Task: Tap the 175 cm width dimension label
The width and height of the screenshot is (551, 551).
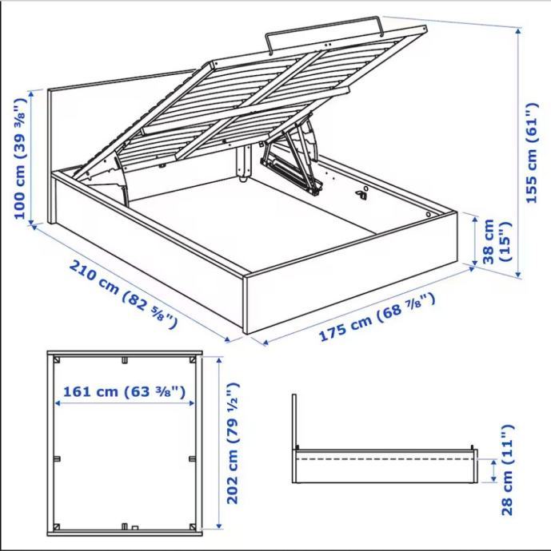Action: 377,317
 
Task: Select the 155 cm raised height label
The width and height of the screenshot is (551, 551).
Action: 532,153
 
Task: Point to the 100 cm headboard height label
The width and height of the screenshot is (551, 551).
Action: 20,158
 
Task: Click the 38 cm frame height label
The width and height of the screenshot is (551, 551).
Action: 495,241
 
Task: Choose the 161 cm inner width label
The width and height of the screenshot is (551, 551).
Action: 124,391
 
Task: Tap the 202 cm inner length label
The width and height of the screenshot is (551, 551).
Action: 233,442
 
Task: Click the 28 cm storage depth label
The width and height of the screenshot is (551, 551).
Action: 507,470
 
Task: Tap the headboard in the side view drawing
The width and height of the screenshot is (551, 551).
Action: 294,422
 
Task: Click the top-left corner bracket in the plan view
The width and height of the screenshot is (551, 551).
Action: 57,360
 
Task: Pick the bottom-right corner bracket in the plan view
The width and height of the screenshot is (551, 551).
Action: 193,527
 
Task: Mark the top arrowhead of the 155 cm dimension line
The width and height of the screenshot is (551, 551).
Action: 518,31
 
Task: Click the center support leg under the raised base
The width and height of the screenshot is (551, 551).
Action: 244,162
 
